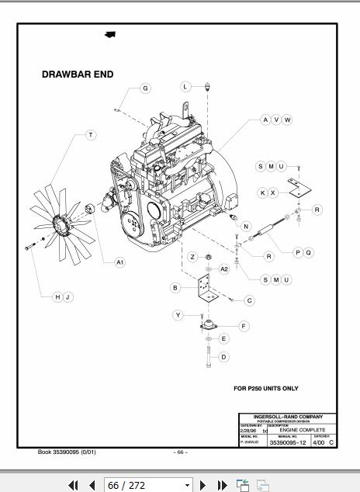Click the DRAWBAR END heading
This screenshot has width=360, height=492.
77,74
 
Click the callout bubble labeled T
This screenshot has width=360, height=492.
91,135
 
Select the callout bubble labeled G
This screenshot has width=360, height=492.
145,88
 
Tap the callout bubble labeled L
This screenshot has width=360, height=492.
185,86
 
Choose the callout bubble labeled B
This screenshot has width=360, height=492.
176,288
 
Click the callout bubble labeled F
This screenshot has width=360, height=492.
244,327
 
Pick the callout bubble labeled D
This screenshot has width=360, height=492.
223,357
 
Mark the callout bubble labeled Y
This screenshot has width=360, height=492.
178,315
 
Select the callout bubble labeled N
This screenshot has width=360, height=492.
246,227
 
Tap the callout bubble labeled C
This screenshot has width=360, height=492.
249,300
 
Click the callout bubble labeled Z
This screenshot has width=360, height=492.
192,257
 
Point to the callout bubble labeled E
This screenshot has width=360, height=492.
223,338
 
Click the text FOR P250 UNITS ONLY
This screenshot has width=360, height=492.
266,388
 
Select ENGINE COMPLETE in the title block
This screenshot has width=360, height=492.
303,430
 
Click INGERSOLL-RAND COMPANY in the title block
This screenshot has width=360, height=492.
288,417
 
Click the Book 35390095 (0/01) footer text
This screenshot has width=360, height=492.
67,452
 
